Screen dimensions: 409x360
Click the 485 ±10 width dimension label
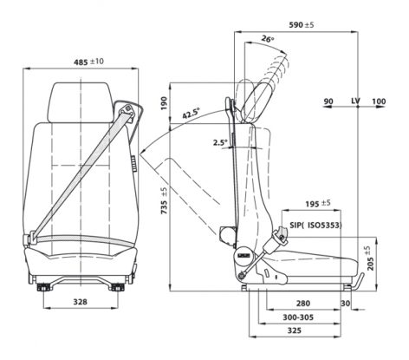pyautogui.click(x=88, y=62)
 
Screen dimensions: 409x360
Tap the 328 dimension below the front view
pyautogui.click(x=80, y=302)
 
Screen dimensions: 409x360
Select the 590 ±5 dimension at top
pyautogui.click(x=302, y=25)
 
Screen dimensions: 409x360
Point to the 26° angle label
pyautogui.click(x=268, y=38)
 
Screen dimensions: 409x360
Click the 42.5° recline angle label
pyautogui.click(x=191, y=113)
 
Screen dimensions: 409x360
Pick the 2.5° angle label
pyautogui.click(x=220, y=142)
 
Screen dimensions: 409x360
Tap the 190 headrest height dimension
pyautogui.click(x=164, y=103)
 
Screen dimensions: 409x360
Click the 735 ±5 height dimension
pyautogui.click(x=164, y=200)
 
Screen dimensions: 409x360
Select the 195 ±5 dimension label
pyautogui.click(x=318, y=204)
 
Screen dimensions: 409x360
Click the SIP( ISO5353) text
pyautogui.click(x=316, y=225)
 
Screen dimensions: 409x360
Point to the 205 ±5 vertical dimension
pyautogui.click(x=370, y=258)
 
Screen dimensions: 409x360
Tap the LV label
pyautogui.click(x=356, y=101)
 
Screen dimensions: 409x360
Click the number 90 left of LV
pyautogui.click(x=328, y=101)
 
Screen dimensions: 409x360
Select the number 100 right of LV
pyautogui.click(x=379, y=101)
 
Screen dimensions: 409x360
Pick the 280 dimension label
pyautogui.click(x=303, y=304)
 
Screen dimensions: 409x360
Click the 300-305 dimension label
pyautogui.click(x=298, y=317)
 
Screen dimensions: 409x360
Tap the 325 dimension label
pyautogui.click(x=295, y=331)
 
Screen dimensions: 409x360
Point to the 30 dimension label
pyautogui.click(x=346, y=304)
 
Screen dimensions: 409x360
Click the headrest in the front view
pyautogui.click(x=80, y=102)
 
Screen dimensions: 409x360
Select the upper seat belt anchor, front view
pyautogui.click(x=127, y=110)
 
